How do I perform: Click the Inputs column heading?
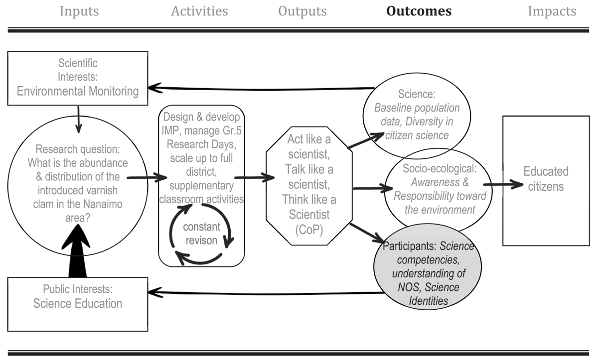point(79,11)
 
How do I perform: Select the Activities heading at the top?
point(199,11)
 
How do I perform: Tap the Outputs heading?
point(302,11)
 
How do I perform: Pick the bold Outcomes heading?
point(419,11)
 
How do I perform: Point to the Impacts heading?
point(552,11)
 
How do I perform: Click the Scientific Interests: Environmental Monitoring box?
point(78,78)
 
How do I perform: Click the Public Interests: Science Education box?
point(78,303)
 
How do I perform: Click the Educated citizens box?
point(546,180)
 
